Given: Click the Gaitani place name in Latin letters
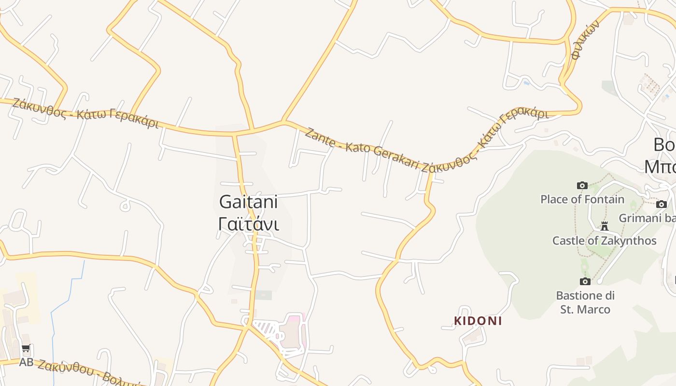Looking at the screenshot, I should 248,202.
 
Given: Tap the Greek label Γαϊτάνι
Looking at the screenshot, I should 248,224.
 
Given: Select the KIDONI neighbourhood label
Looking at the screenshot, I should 478,321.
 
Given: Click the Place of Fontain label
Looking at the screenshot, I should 582,199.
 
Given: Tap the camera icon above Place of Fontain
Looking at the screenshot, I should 582,185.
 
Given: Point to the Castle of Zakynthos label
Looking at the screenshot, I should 604,240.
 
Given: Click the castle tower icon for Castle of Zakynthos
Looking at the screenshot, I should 604,226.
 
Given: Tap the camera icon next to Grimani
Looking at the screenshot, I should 662,204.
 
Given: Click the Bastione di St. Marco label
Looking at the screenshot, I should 585,303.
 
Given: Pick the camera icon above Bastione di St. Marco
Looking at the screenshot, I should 585,281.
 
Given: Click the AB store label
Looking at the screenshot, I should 26,362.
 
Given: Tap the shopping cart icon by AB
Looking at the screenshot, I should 26,349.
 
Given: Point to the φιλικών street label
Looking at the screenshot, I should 585,40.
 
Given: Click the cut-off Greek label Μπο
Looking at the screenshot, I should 660,166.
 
